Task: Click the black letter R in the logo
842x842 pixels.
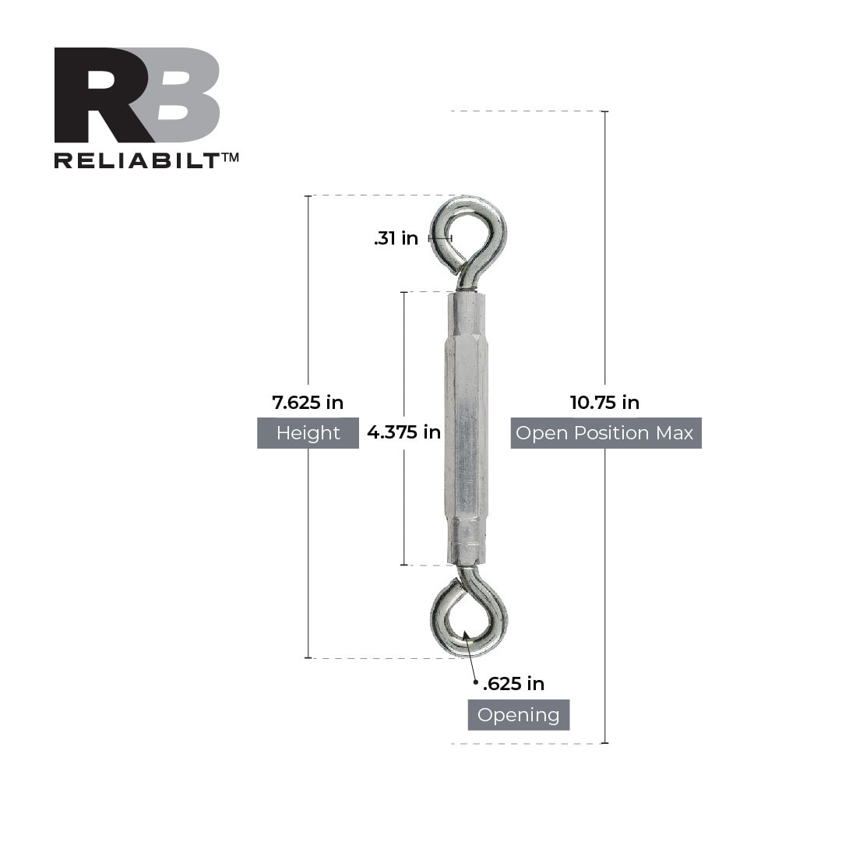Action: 97,95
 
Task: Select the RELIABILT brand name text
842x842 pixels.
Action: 136,160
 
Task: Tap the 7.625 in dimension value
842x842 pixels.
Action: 308,403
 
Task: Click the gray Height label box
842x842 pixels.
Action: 308,433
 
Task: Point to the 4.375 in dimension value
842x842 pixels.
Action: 403,432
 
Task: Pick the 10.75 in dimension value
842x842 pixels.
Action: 604,403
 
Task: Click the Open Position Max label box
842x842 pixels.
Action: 605,433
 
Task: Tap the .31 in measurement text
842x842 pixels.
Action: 396,238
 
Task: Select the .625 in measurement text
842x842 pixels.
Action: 514,684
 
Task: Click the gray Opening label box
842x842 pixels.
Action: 518,715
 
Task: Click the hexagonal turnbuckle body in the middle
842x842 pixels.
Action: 467,428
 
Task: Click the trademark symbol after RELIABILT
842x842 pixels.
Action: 231,157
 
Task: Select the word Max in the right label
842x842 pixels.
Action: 675,433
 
